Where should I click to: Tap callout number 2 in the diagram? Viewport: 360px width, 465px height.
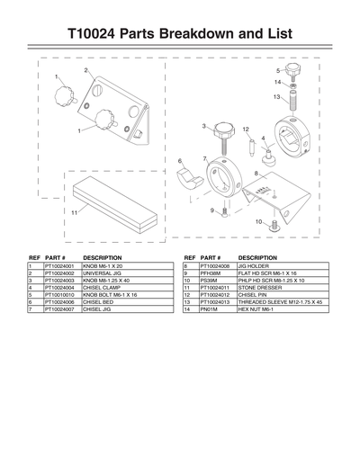[85, 70]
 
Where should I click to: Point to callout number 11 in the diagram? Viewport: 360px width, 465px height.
[62, 211]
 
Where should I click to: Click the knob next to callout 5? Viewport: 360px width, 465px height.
[292, 69]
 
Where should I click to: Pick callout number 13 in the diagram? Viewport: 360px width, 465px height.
[277, 96]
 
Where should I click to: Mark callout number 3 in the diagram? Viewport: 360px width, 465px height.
[205, 126]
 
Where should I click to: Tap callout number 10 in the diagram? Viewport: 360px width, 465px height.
[258, 221]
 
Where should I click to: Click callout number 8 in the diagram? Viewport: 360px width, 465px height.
[257, 172]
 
